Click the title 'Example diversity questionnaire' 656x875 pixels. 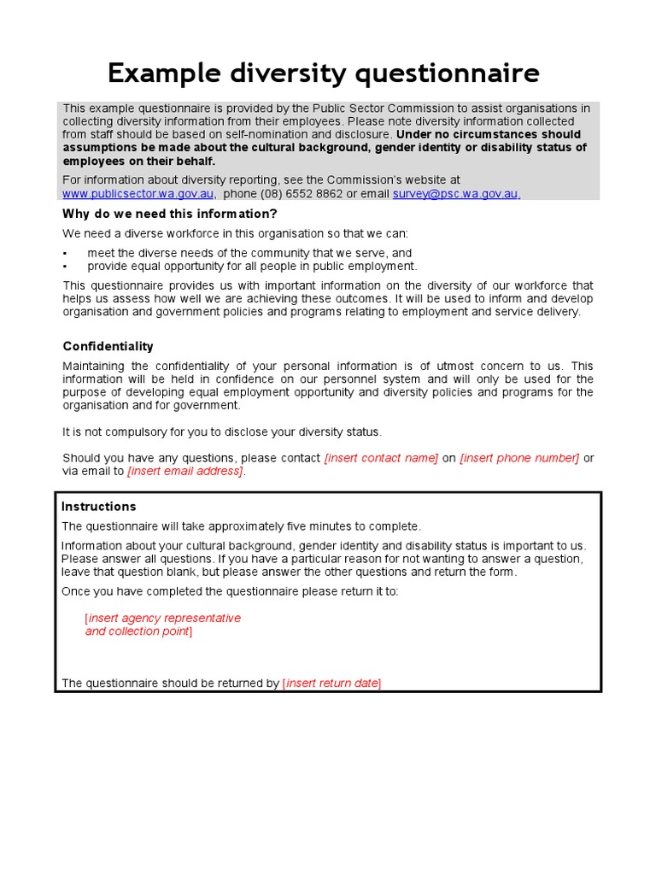click(x=323, y=74)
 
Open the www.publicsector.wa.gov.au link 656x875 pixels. click(x=138, y=194)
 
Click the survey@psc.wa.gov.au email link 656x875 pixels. click(x=456, y=194)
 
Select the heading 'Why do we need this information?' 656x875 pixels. click(x=170, y=214)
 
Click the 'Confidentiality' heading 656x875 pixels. click(x=108, y=346)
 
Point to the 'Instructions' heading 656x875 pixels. click(x=98, y=507)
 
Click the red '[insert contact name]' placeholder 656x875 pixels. click(x=381, y=458)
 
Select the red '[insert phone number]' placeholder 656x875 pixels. click(x=519, y=458)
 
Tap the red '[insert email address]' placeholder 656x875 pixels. click(x=185, y=471)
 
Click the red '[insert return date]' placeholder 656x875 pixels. click(x=332, y=683)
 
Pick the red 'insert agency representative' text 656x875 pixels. click(x=164, y=618)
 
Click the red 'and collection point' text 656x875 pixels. click(x=137, y=631)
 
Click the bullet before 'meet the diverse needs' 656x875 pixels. click(x=65, y=254)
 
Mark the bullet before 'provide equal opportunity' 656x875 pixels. click(x=65, y=267)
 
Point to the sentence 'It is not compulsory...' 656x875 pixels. click(x=222, y=432)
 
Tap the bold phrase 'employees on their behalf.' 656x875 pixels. click(x=139, y=161)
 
